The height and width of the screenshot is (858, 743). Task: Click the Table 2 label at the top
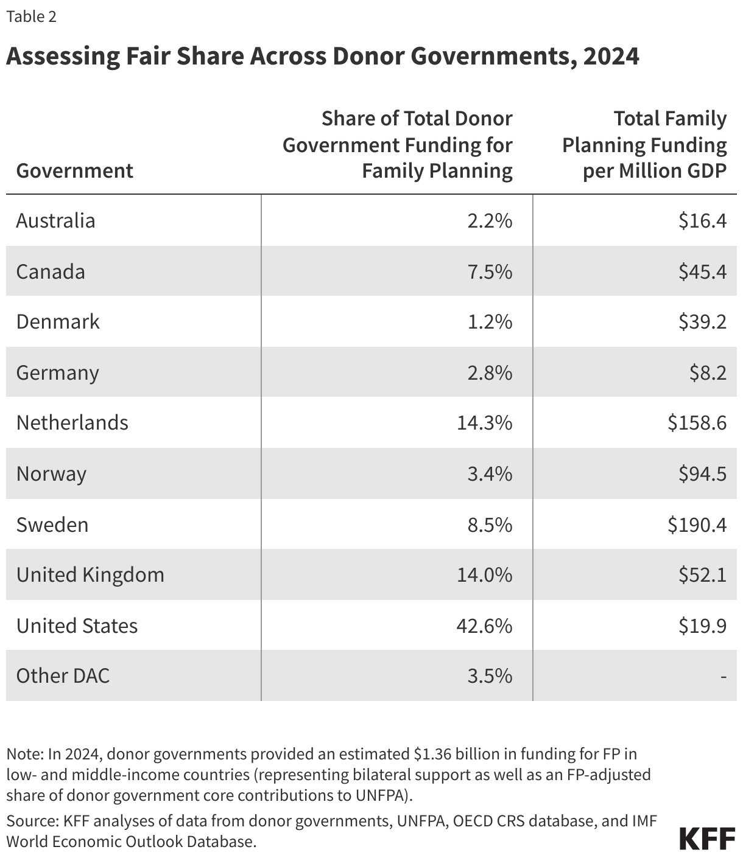point(31,16)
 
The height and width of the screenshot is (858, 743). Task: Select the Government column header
point(74,170)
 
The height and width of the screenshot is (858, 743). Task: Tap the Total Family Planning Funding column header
point(644,145)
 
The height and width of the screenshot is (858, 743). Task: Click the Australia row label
point(55,220)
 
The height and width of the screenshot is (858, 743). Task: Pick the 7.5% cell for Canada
point(490,271)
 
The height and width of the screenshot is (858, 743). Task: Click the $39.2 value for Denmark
point(702,321)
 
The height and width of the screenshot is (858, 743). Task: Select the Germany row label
point(57,372)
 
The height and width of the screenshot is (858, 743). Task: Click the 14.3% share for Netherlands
point(485,422)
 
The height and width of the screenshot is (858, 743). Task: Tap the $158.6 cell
point(697,422)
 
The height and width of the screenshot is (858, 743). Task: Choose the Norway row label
point(51,473)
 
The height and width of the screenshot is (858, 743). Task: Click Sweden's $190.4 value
point(697,525)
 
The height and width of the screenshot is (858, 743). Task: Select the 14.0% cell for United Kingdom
point(485,574)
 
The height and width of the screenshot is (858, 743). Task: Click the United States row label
point(77,626)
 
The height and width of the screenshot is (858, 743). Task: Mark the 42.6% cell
point(485,626)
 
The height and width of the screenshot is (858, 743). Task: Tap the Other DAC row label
point(63,675)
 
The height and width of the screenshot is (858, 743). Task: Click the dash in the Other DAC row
point(723,676)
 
